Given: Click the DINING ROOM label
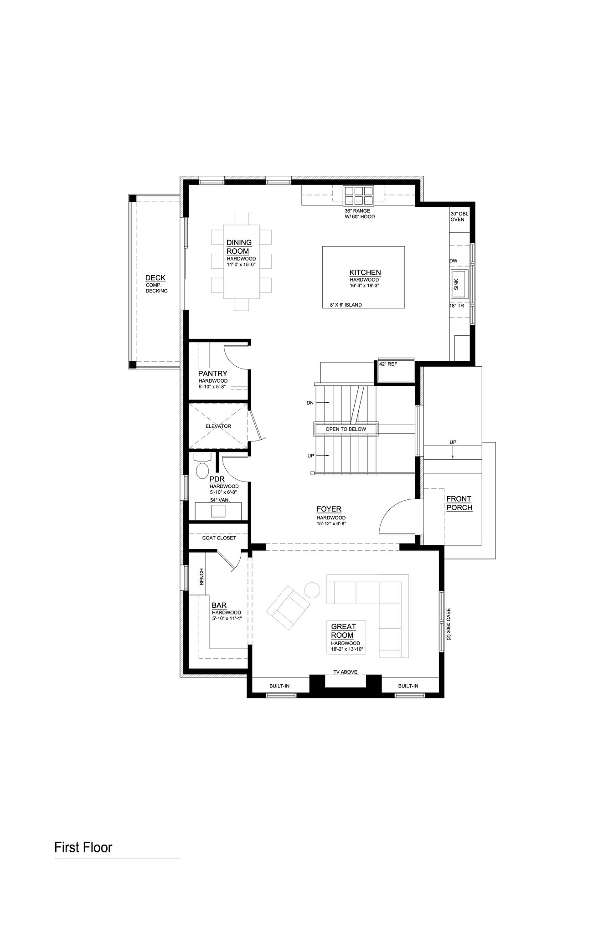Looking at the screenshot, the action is tap(239, 247).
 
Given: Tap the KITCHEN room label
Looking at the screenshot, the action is tap(365, 272).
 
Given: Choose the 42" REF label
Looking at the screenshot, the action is tap(388, 364).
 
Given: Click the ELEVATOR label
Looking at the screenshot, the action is tap(218, 426).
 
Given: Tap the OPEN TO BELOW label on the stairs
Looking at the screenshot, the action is tap(346, 429).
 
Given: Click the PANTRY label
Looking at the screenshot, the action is tap(212, 374).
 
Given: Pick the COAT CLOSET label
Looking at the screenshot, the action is tap(219, 538).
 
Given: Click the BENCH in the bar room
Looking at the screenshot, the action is tap(201, 577).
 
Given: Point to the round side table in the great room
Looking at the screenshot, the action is tap(312, 590).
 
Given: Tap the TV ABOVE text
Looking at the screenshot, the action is tap(345, 672).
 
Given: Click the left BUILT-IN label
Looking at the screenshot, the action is tap(279, 686).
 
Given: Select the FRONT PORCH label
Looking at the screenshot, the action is tap(459, 503).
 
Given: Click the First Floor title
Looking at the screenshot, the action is tap(83, 848).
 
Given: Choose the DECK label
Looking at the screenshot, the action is tap(155, 278).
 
